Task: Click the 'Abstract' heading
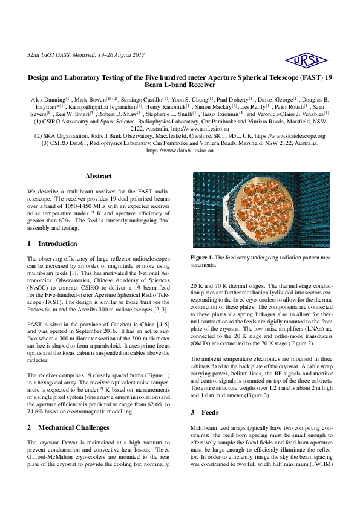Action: pos(98,176)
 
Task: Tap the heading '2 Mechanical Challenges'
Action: pos(68,427)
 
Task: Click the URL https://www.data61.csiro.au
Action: pos(180,151)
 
